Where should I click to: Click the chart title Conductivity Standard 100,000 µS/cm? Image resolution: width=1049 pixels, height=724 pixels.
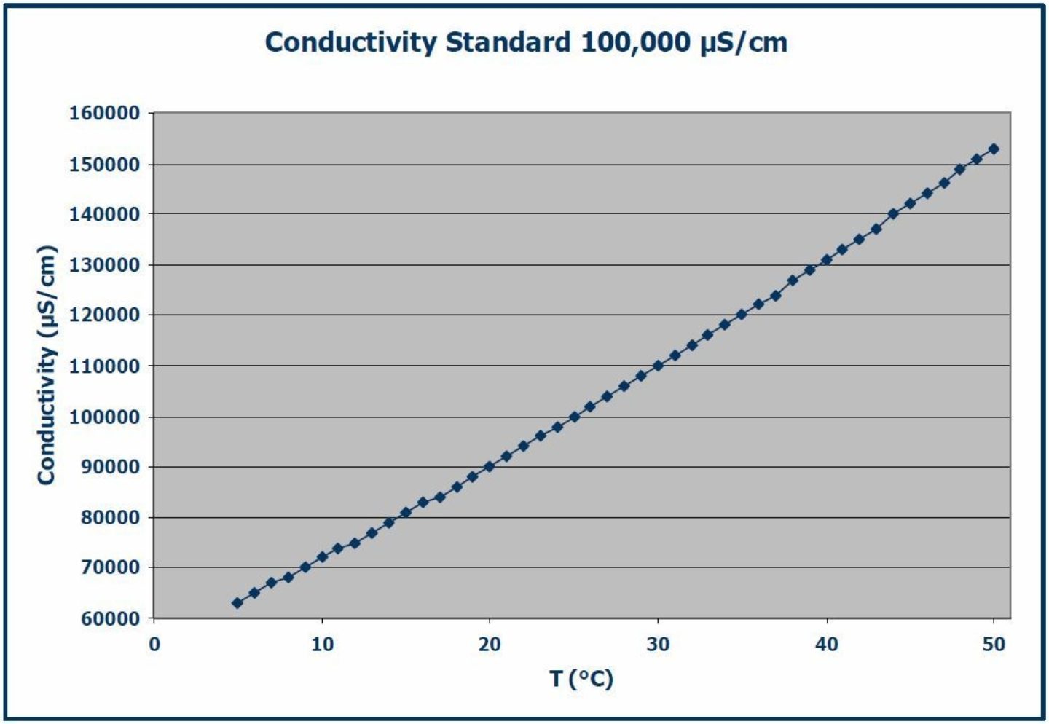click(x=526, y=42)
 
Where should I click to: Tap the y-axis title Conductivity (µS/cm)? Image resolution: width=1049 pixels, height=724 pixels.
click(x=47, y=365)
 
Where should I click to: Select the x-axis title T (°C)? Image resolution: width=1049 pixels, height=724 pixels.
click(x=581, y=679)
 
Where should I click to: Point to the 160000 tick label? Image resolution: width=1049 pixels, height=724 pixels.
click(x=104, y=114)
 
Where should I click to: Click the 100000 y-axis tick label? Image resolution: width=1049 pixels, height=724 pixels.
click(x=104, y=417)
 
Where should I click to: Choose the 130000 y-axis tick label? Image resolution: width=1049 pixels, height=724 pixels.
click(x=104, y=265)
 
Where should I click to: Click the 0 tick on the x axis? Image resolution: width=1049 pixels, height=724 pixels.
click(x=154, y=645)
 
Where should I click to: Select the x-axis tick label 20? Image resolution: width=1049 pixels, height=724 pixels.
click(x=490, y=645)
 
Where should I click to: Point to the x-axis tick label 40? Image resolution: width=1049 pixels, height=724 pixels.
click(x=827, y=645)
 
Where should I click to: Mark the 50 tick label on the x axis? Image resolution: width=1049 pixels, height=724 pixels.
click(x=994, y=645)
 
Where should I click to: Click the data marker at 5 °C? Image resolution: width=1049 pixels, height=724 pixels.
click(x=237, y=603)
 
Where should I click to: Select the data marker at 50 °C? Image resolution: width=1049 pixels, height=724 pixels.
click(x=994, y=149)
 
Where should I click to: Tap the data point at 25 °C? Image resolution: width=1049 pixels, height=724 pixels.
click(x=574, y=417)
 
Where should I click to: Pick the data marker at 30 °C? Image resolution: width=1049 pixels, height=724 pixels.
click(x=658, y=366)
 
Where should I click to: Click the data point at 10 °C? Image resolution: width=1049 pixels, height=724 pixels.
click(x=322, y=557)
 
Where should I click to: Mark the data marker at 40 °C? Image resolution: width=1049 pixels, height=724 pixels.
click(x=826, y=260)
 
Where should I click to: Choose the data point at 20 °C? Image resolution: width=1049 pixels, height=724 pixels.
click(x=490, y=466)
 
